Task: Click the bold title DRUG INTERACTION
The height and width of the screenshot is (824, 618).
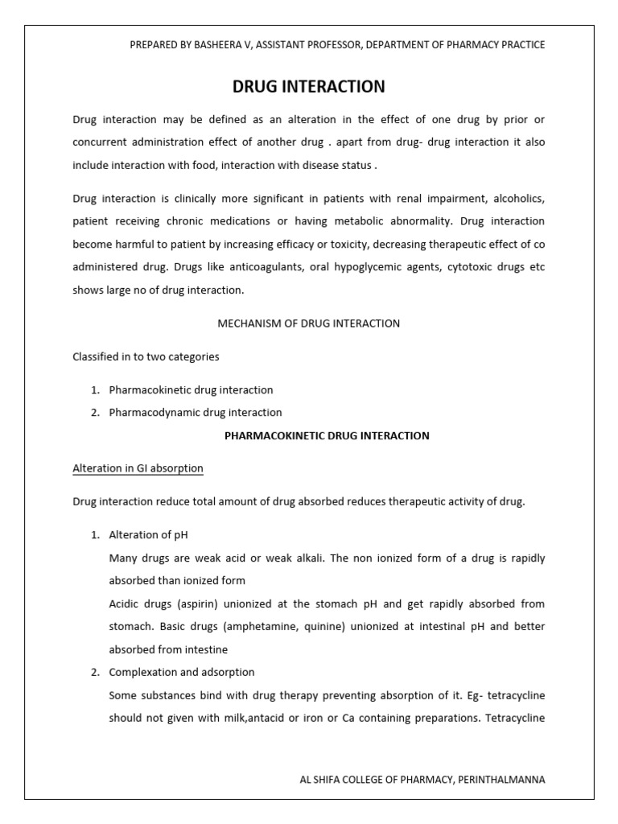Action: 309,86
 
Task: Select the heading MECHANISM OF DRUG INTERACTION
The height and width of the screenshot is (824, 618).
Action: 309,323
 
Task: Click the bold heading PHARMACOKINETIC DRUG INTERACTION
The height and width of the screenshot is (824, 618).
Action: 327,435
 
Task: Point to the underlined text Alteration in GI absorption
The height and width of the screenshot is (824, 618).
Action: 138,468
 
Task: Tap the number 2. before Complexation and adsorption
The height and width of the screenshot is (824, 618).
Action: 94,672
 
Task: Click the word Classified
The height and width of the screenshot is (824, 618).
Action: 96,356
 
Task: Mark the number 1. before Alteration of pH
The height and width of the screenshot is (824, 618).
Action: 94,535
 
